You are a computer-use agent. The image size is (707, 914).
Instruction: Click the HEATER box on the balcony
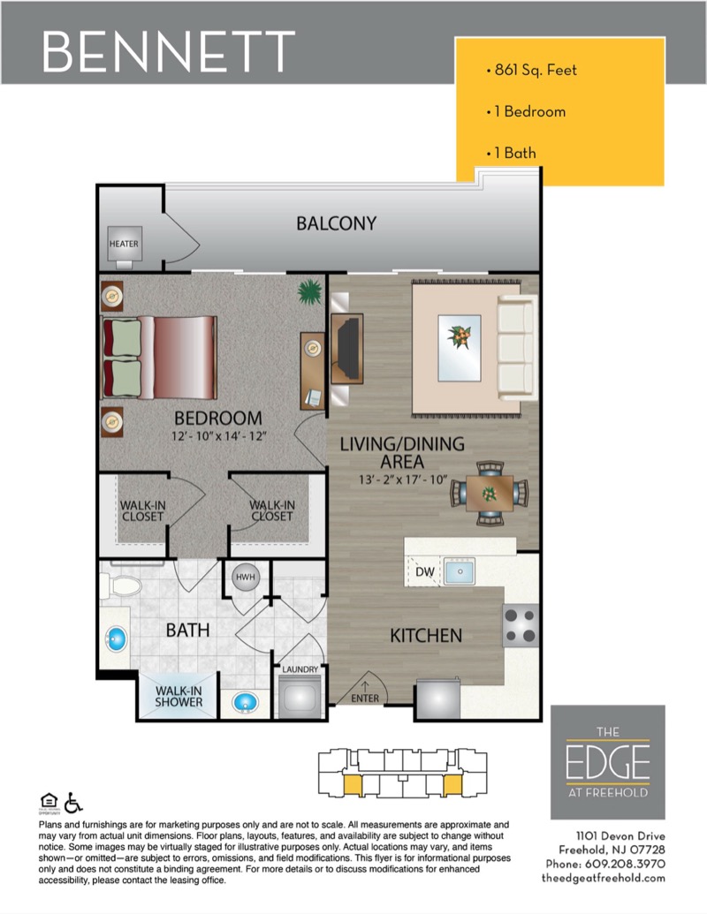125,244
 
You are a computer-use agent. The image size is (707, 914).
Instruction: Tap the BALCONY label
336,223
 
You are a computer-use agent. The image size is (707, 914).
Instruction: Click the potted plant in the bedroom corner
309,291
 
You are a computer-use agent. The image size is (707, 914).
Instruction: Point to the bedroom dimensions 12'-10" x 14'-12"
219,436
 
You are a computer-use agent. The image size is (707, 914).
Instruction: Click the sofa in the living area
517,347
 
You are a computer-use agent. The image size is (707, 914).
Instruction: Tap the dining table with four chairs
489,493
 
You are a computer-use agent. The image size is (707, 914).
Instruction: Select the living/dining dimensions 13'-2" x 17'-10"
402,480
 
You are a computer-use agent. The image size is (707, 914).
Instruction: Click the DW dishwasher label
425,572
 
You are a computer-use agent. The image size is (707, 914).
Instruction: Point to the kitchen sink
459,571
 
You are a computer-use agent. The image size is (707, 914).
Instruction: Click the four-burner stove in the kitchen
521,625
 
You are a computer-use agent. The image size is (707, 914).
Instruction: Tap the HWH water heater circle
245,577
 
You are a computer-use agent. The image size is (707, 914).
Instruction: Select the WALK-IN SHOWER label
179,697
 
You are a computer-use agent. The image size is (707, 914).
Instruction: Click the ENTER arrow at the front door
365,687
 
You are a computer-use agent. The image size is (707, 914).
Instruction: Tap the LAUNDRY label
300,669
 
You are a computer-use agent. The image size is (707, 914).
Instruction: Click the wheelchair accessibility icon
73,803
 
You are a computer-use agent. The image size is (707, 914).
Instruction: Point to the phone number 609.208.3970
625,864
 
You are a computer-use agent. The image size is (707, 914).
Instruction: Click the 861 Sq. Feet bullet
531,70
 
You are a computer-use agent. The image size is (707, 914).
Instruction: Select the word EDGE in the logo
607,762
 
